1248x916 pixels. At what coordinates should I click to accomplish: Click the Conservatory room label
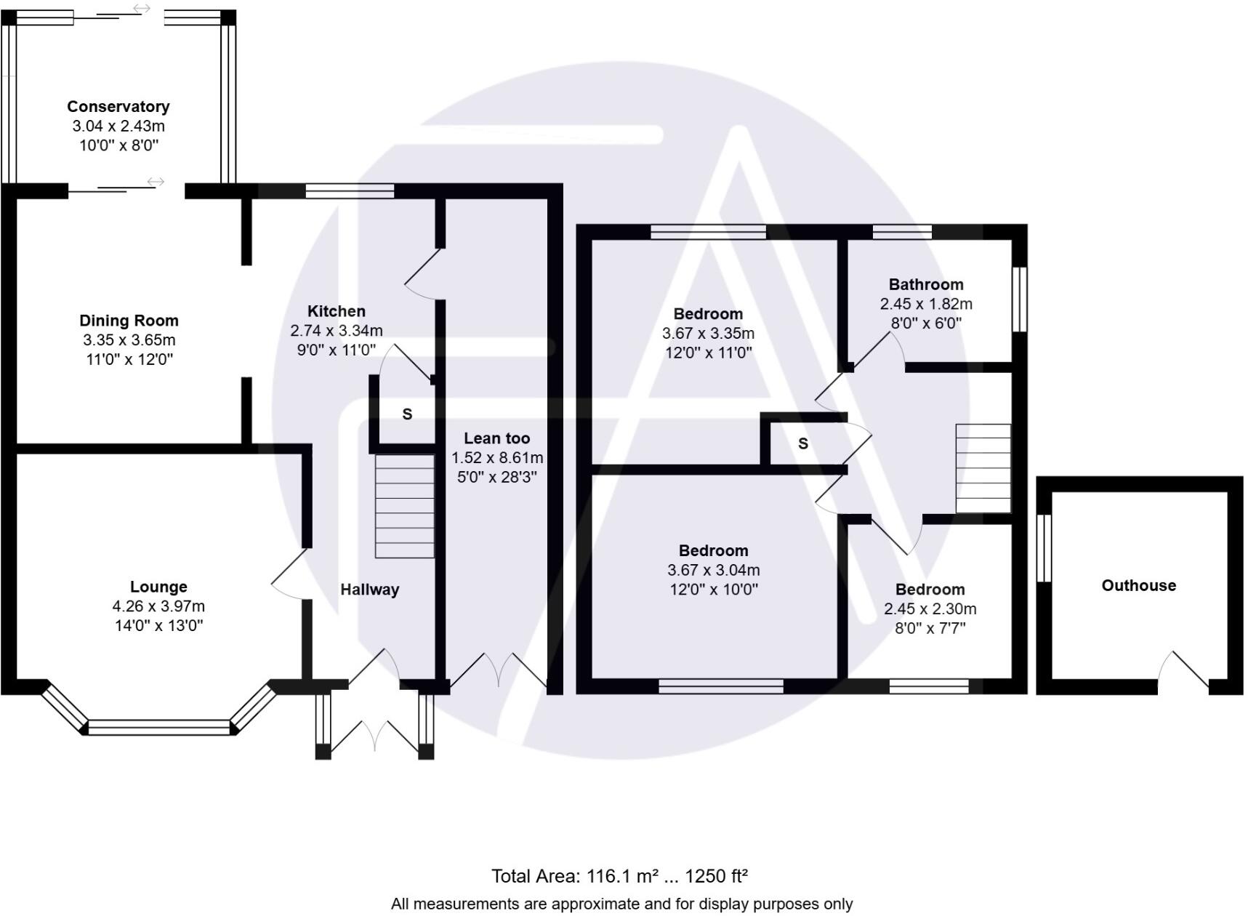click(x=118, y=107)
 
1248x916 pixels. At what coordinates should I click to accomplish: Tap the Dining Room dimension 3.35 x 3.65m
click(x=129, y=340)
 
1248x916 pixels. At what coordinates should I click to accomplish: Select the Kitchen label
click(x=336, y=311)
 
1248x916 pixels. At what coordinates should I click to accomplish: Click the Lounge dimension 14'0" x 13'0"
click(x=158, y=625)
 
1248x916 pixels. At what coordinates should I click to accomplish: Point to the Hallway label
click(x=369, y=590)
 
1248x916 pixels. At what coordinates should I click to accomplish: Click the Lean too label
click(x=496, y=438)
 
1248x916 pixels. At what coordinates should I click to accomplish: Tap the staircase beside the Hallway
click(x=404, y=506)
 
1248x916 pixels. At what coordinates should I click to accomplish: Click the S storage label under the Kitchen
click(x=407, y=414)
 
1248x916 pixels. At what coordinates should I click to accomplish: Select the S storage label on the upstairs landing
click(x=802, y=443)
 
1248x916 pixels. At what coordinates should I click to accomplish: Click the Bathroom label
click(x=925, y=284)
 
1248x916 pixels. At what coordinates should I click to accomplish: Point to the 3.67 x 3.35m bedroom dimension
click(x=708, y=334)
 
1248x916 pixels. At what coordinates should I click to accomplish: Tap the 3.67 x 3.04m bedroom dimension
click(x=713, y=570)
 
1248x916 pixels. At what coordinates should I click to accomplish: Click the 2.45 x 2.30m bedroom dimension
click(x=930, y=609)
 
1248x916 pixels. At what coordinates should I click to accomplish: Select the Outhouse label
click(x=1138, y=585)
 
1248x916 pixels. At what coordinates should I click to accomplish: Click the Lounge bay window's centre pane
click(x=158, y=727)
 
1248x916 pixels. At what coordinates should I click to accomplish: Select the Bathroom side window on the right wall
click(x=1019, y=300)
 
